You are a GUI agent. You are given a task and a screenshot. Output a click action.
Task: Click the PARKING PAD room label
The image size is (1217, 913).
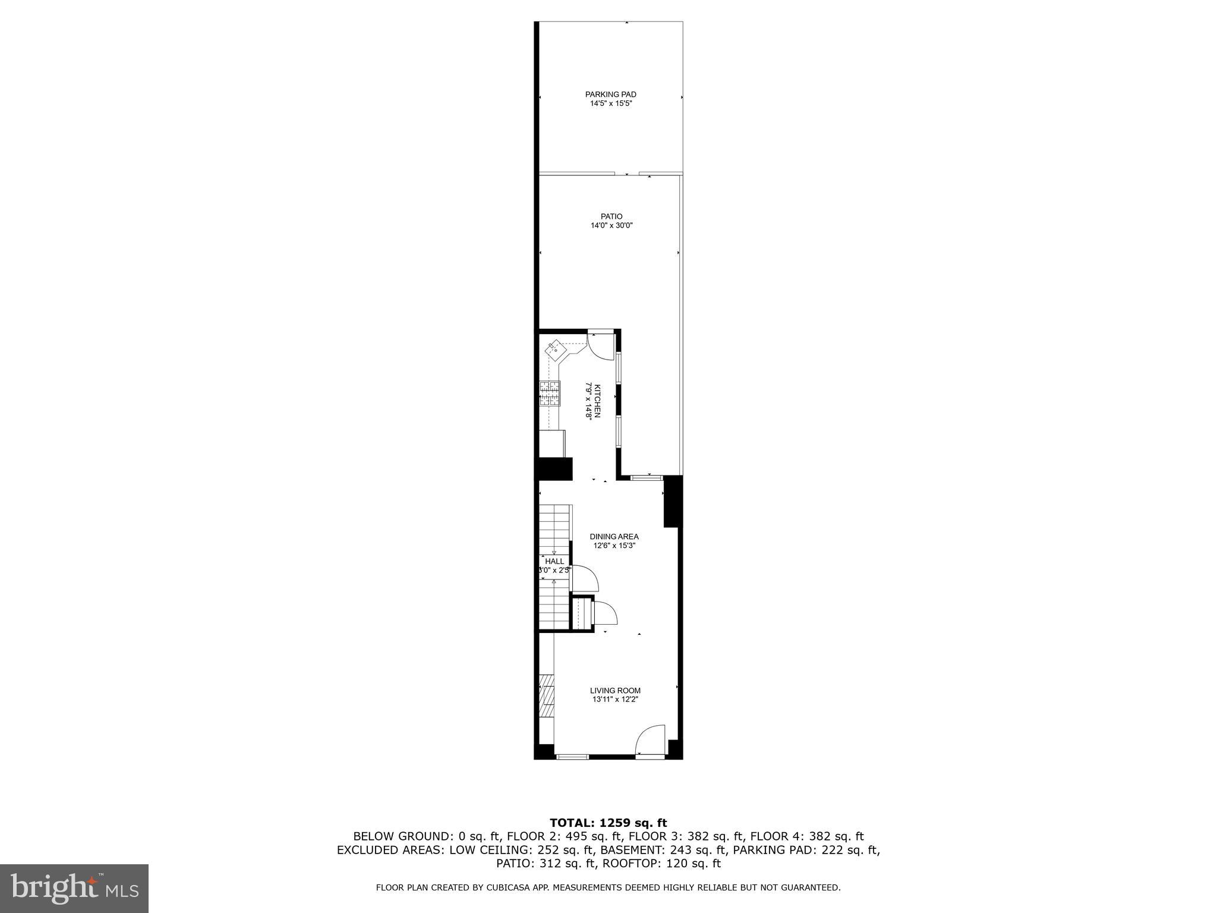(x=610, y=95)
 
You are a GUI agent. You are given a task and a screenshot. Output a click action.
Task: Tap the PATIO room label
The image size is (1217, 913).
(x=611, y=216)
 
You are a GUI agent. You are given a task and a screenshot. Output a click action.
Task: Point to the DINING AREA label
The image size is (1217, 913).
(x=614, y=537)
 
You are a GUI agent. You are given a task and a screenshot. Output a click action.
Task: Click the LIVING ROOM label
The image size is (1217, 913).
(x=615, y=691)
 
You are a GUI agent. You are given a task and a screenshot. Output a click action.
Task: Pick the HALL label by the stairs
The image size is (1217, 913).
(x=554, y=561)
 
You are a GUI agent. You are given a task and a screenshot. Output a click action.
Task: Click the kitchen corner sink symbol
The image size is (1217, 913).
(x=555, y=349)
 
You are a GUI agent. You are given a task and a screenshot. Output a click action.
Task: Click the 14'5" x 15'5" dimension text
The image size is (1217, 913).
(x=610, y=103)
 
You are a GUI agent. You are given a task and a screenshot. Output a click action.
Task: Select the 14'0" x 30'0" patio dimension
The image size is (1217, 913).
(x=611, y=226)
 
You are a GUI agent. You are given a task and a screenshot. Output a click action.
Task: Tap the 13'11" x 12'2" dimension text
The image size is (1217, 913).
(x=615, y=700)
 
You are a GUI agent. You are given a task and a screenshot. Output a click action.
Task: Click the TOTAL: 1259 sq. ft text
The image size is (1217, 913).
(x=608, y=823)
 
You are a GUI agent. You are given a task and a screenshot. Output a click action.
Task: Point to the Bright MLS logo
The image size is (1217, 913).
(x=74, y=889)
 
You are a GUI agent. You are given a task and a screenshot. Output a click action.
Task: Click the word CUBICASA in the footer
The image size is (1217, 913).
(x=524, y=887)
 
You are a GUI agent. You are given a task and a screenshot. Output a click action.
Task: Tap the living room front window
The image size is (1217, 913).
(x=572, y=757)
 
